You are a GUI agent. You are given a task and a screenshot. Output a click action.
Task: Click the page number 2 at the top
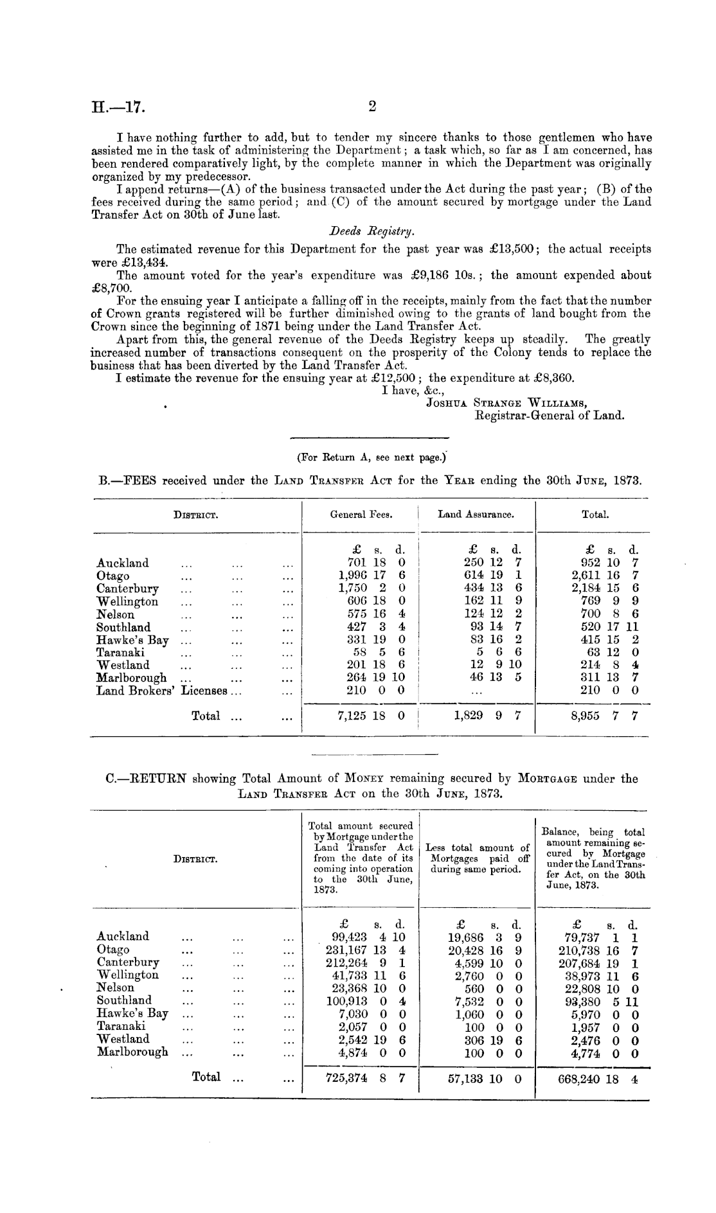coord(371,107)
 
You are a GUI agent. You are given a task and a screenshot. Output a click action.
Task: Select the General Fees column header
coord(361,514)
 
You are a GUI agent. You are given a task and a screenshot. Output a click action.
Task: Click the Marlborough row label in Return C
coord(132,1052)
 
